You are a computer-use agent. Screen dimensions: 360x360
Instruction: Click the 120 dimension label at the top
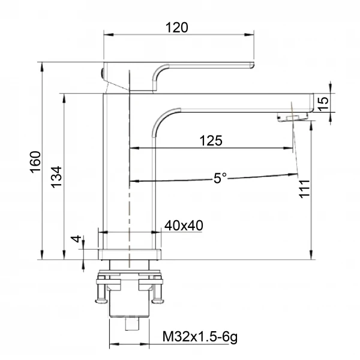(x=178, y=27)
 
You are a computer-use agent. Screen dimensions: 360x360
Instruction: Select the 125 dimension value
(x=211, y=140)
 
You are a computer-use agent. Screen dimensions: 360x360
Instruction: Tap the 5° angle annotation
(x=220, y=178)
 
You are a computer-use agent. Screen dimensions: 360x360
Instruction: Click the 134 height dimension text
(x=56, y=178)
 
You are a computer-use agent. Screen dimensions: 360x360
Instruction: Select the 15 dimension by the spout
(x=323, y=102)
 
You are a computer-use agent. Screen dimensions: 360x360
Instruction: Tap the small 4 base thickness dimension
(x=76, y=239)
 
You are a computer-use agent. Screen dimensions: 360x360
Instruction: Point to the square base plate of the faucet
(x=130, y=254)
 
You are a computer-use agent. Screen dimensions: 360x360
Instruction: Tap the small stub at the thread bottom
(x=130, y=324)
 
